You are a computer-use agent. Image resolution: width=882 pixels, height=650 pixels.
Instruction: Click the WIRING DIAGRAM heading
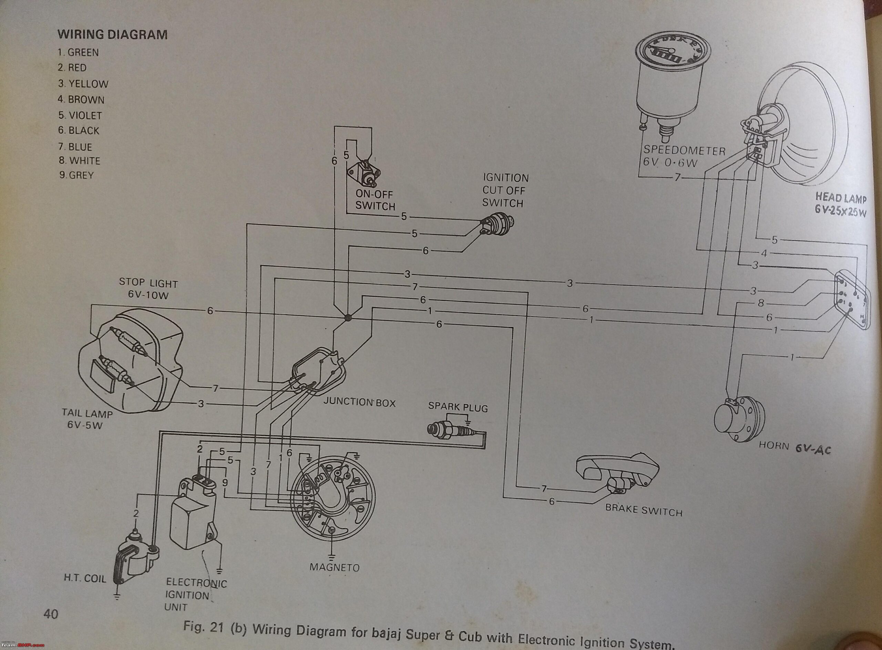pyautogui.click(x=112, y=35)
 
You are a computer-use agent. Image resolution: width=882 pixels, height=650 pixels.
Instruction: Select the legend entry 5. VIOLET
pyautogui.click(x=80, y=115)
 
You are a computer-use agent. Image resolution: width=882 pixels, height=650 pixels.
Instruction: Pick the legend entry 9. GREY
pyautogui.click(x=76, y=175)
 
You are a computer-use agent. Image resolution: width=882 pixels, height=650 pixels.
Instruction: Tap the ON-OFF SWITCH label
pyautogui.click(x=375, y=200)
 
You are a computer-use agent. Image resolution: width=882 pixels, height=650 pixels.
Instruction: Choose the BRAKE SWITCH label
pyautogui.click(x=643, y=511)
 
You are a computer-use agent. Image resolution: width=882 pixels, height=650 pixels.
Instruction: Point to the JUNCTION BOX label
pyautogui.click(x=359, y=402)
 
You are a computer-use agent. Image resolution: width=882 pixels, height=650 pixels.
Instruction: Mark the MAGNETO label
pyautogui.click(x=334, y=567)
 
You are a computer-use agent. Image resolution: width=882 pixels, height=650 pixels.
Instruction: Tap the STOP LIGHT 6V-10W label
pyautogui.click(x=148, y=289)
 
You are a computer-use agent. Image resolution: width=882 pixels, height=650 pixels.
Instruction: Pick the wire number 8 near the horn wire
pyautogui.click(x=761, y=303)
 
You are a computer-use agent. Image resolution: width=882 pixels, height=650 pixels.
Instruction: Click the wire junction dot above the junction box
pyautogui.click(x=347, y=317)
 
